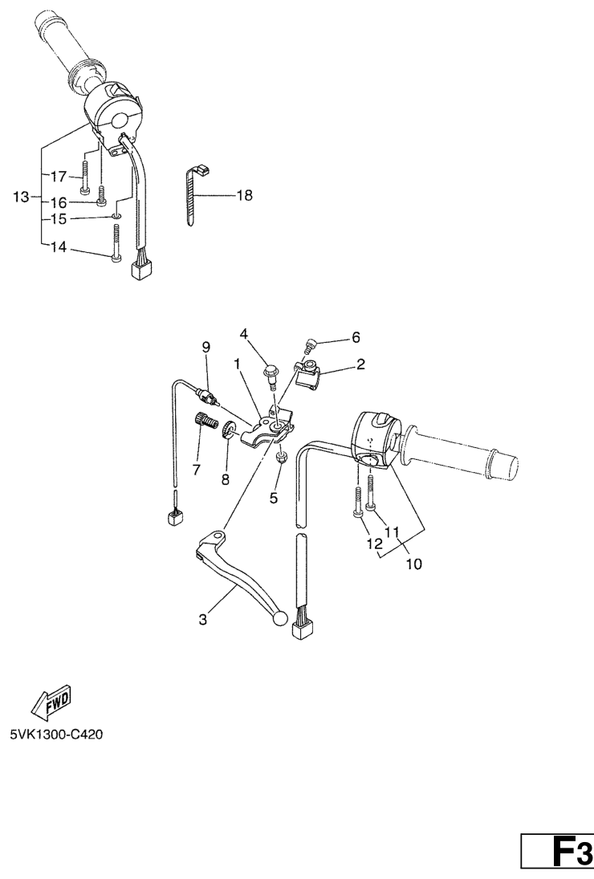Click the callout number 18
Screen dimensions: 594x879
point(245,196)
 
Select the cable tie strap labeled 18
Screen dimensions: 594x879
point(195,193)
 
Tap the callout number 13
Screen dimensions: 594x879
point(22,197)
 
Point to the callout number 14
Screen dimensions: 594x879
point(59,246)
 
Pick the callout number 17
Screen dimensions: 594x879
point(59,177)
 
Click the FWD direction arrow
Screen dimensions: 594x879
point(51,702)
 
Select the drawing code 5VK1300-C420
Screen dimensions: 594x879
point(56,734)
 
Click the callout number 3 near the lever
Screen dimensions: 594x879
point(203,619)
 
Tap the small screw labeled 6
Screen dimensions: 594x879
point(309,344)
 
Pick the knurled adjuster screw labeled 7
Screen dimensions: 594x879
point(206,420)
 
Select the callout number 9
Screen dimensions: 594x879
point(205,348)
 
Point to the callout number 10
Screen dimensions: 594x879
point(413,564)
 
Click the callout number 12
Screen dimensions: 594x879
point(374,543)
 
